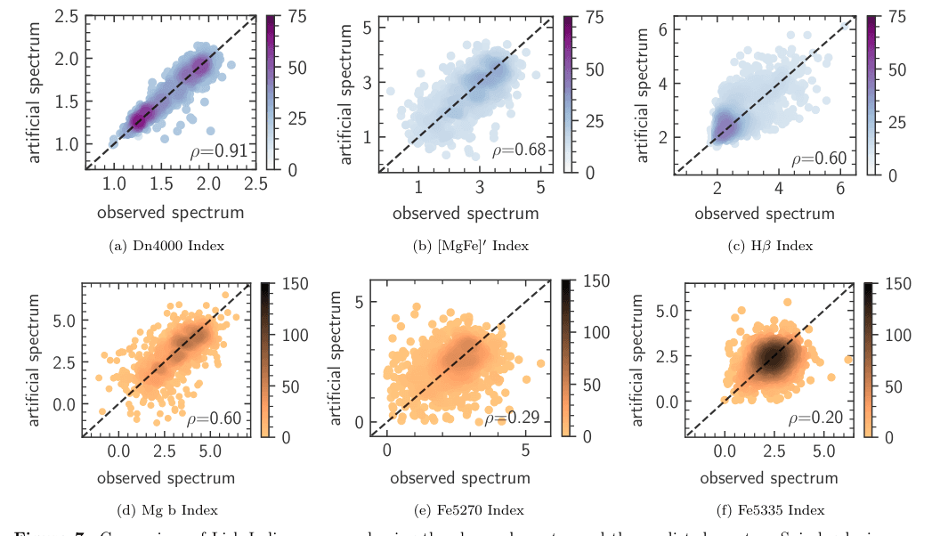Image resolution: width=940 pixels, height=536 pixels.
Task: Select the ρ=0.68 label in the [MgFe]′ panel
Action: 520,150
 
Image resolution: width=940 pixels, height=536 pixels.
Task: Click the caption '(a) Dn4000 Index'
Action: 166,246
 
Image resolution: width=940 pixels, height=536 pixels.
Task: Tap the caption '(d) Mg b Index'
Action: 166,510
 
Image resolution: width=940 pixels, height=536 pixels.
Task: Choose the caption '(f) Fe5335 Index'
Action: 765,510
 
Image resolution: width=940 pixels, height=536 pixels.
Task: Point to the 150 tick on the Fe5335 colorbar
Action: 900,283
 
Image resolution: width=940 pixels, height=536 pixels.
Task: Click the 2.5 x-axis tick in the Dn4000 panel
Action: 255,183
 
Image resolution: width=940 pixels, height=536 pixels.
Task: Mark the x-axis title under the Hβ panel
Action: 765,214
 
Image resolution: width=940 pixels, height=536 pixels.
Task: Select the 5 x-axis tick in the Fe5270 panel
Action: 525,451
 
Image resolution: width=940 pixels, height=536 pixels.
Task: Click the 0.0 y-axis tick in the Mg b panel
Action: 63,403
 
